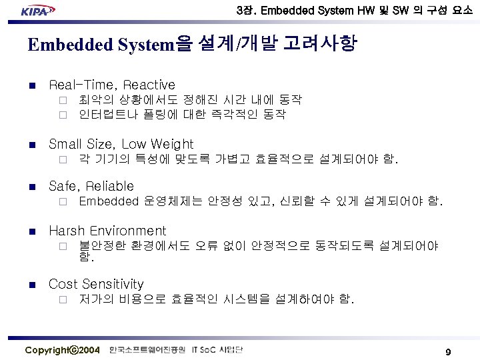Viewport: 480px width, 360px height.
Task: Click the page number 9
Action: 449,351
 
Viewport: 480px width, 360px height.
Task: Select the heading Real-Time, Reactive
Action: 112,85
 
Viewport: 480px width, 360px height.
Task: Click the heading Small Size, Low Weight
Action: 121,144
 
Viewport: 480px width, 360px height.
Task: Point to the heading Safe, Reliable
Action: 91,186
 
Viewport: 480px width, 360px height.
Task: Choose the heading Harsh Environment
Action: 107,231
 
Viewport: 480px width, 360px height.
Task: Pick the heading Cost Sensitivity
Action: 96,284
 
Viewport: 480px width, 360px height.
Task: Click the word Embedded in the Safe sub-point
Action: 107,201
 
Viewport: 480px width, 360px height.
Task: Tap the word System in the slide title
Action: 146,45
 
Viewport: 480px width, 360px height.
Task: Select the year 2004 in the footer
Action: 89,350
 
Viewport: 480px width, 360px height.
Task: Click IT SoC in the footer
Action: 204,350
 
